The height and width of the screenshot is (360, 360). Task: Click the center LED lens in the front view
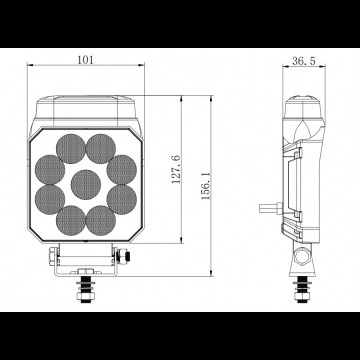(85, 182)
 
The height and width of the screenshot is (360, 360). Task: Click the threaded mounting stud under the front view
(85, 293)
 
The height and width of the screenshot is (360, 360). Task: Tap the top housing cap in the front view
(85, 103)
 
